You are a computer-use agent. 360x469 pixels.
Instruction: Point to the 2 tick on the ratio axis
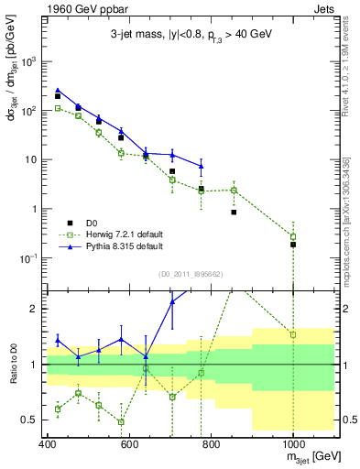pos(35,309)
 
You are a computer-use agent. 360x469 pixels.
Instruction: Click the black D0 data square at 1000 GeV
pos(293,245)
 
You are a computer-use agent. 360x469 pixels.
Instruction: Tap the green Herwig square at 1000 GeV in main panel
pos(293,236)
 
